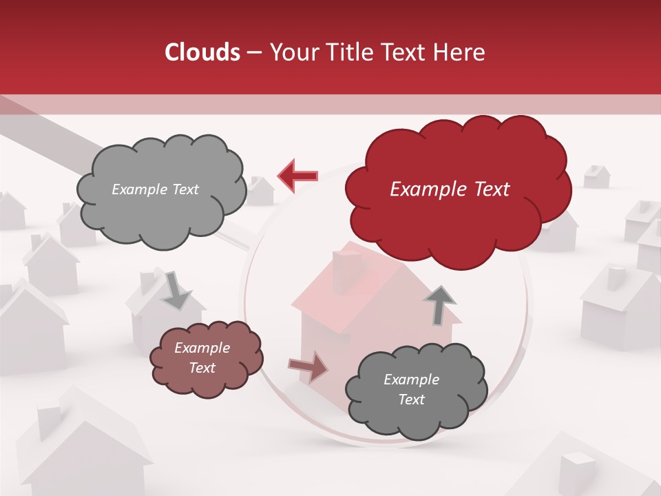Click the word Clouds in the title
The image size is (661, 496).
pyautogui.click(x=202, y=52)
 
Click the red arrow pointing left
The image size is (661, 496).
pyautogui.click(x=298, y=176)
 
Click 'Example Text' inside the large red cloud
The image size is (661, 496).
pyautogui.click(x=450, y=189)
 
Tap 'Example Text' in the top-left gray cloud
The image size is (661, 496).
pyautogui.click(x=155, y=189)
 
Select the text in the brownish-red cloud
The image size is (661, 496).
pyautogui.click(x=202, y=358)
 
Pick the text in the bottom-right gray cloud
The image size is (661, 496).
pyautogui.click(x=411, y=389)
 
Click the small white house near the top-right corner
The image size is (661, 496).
pyautogui.click(x=596, y=176)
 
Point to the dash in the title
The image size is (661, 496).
pyautogui.click(x=253, y=53)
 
